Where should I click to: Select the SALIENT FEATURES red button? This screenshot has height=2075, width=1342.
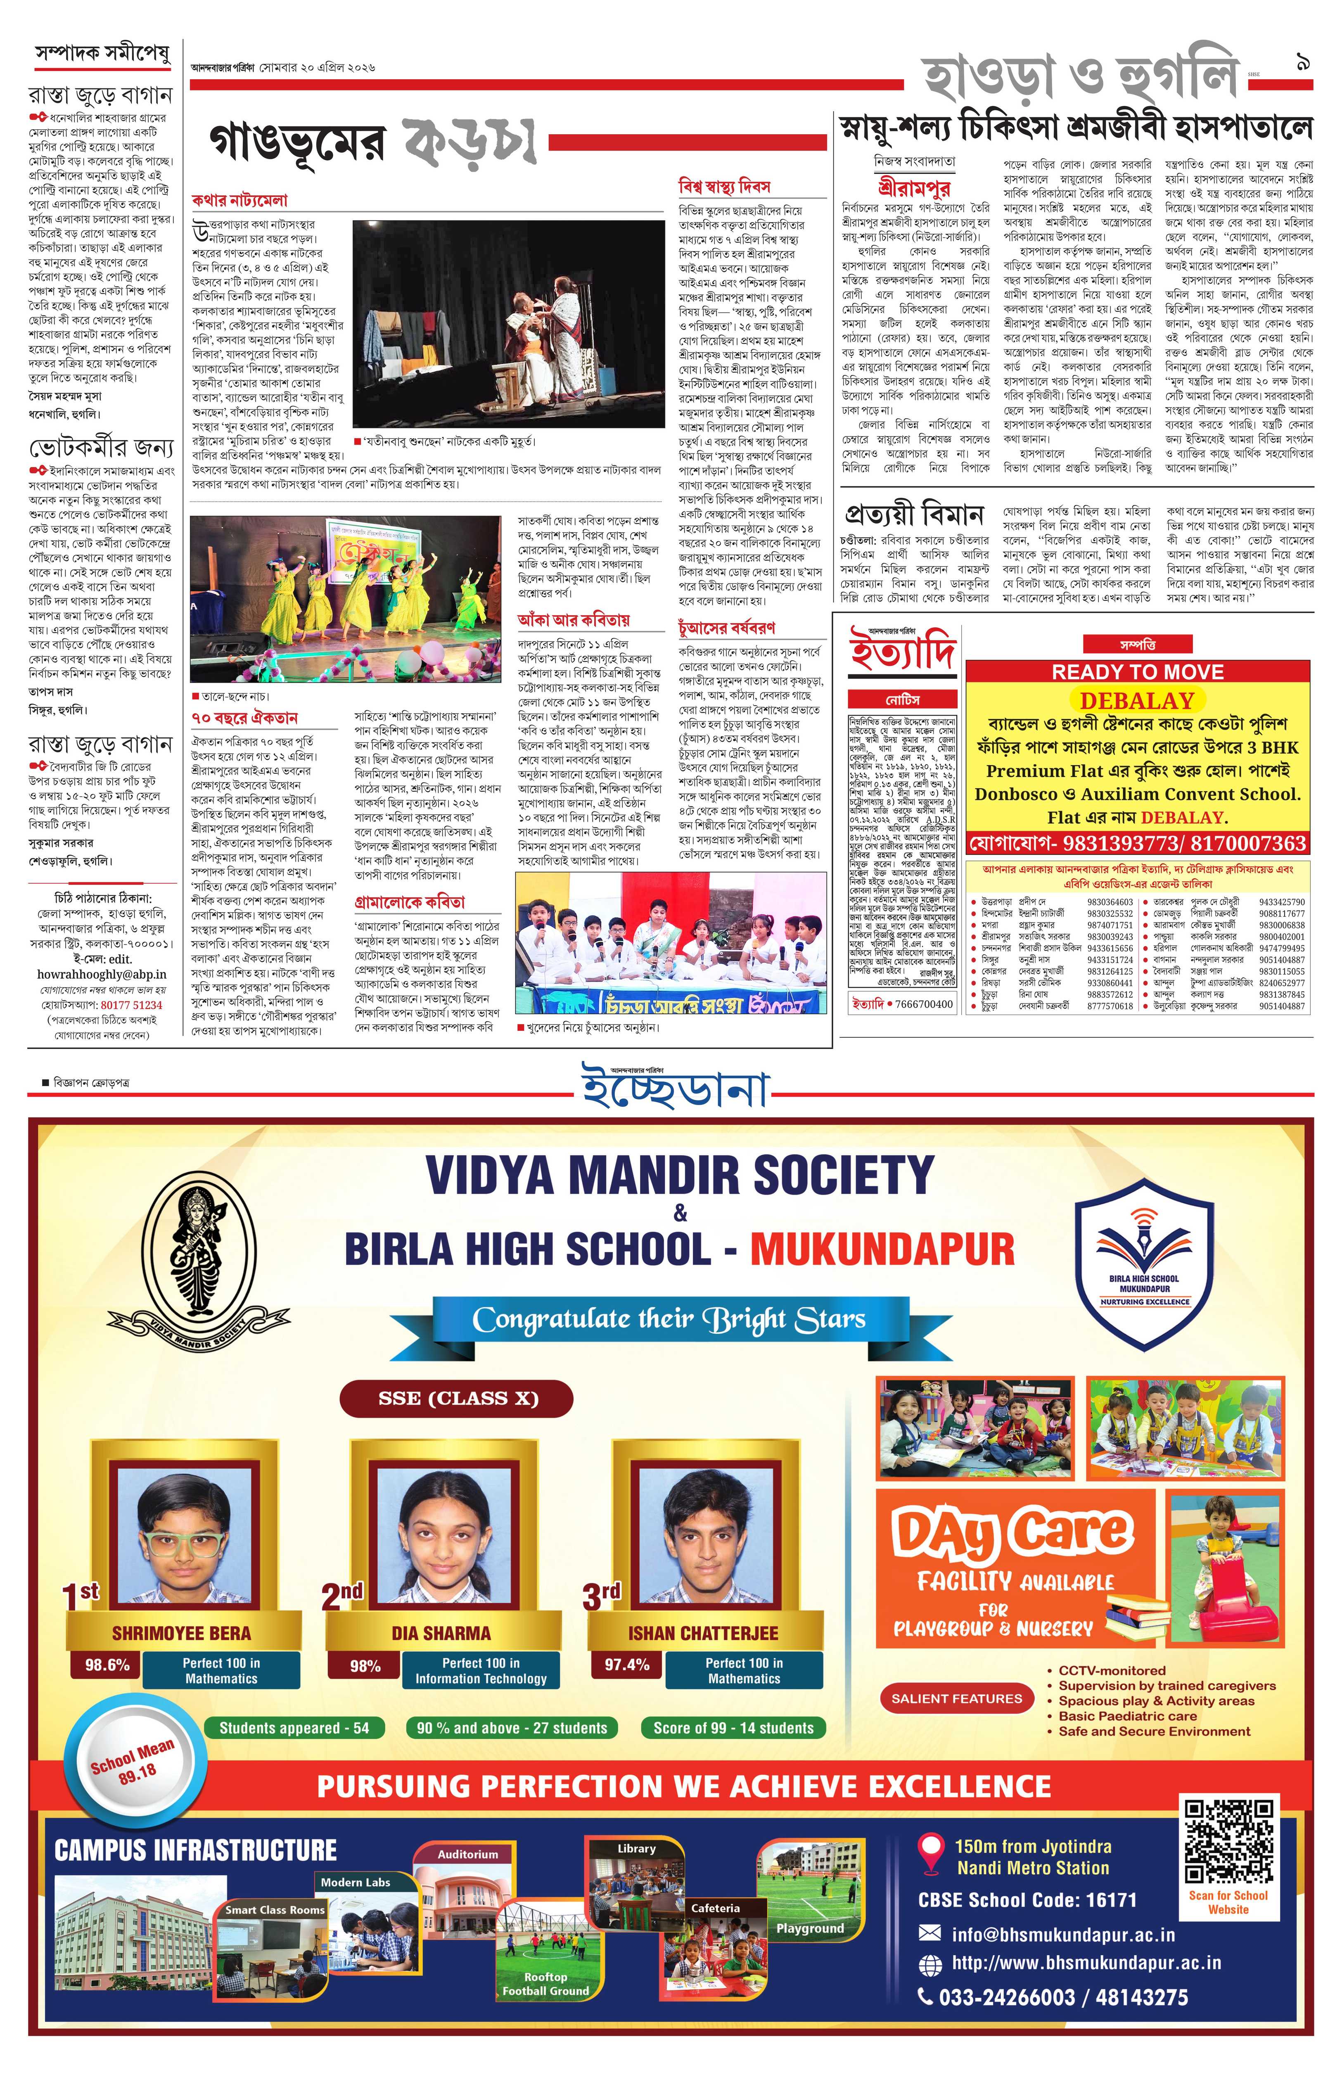[956, 1698]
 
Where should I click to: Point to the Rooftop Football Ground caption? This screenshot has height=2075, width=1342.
[545, 1983]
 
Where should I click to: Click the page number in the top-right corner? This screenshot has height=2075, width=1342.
[1304, 63]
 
